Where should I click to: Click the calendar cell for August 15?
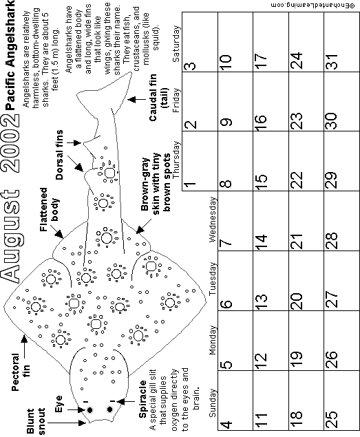point(271,161)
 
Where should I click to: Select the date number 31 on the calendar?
point(332,61)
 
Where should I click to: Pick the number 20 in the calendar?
point(296,301)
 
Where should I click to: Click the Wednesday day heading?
point(213,220)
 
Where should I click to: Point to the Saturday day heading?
point(176,44)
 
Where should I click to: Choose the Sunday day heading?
point(213,403)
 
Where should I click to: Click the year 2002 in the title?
point(11,143)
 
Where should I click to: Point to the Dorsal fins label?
point(59,155)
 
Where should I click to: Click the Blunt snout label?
point(36,421)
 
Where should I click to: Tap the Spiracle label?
point(142,399)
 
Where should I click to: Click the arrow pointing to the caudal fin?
point(137,99)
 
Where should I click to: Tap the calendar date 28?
point(332,240)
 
